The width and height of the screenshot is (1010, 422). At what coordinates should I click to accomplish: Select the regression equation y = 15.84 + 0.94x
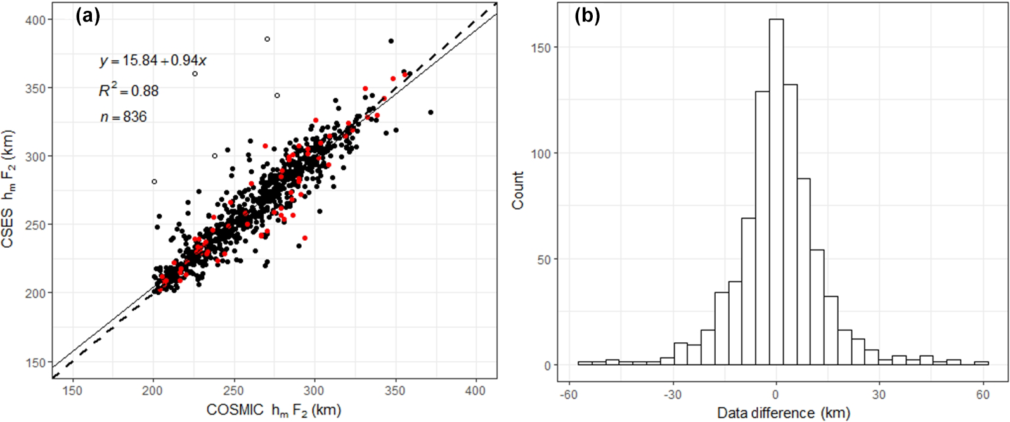click(153, 61)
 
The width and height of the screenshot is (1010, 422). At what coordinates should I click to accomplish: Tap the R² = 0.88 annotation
click(129, 91)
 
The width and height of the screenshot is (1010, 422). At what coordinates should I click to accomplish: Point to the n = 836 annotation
click(123, 117)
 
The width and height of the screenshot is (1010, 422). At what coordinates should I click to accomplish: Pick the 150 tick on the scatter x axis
click(73, 391)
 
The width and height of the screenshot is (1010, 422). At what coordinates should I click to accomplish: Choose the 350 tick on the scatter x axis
click(396, 391)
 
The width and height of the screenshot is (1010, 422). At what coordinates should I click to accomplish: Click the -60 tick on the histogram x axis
click(568, 395)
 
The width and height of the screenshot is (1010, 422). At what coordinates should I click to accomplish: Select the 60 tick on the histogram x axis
click(983, 395)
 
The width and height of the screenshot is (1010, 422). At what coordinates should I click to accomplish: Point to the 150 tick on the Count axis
click(544, 48)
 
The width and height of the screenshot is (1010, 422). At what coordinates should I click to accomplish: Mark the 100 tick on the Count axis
click(544, 153)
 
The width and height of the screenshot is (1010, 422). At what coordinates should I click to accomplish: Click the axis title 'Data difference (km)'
click(783, 413)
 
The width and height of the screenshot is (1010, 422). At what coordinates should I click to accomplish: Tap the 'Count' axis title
click(518, 190)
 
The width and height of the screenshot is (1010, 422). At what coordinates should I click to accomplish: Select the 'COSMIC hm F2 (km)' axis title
click(274, 411)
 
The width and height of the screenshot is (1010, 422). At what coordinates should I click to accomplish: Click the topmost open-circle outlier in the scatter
click(267, 39)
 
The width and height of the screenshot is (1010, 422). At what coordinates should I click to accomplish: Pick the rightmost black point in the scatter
click(431, 112)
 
